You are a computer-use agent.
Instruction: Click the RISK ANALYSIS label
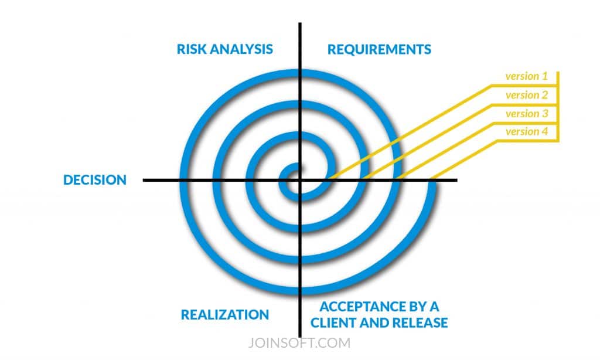click(x=224, y=49)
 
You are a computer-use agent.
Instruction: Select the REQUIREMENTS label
click(x=379, y=49)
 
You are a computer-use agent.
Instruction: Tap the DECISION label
click(x=95, y=180)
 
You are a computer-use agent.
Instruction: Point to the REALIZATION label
click(x=225, y=315)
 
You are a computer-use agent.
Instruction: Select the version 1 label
click(x=526, y=76)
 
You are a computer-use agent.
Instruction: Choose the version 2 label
click(x=526, y=95)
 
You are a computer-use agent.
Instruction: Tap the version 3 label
click(x=526, y=113)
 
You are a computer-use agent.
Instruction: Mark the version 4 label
click(x=526, y=131)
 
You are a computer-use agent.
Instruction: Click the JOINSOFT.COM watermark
click(x=300, y=342)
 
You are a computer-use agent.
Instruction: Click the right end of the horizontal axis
click(x=456, y=180)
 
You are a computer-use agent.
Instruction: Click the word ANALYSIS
click(x=247, y=49)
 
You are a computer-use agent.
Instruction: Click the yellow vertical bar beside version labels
click(x=558, y=106)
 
